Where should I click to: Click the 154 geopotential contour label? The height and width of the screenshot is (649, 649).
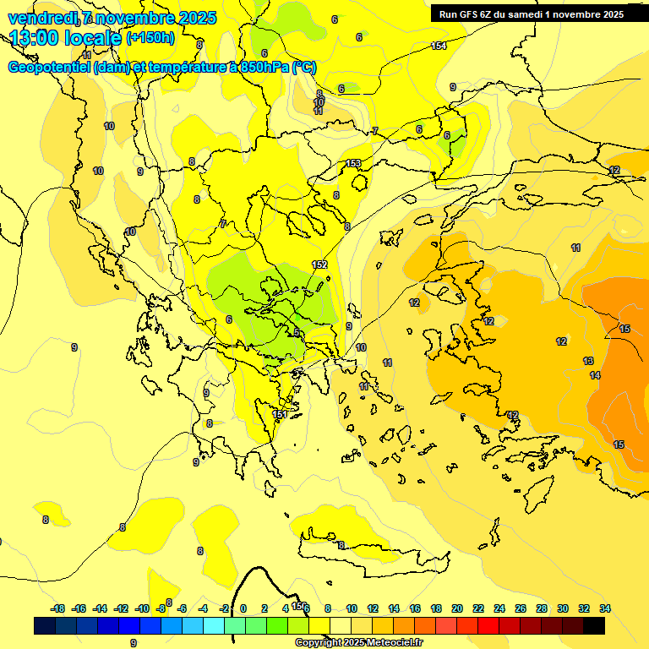point(439,46)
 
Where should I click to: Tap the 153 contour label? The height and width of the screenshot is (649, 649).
point(354,163)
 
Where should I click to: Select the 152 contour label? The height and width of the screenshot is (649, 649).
point(319,265)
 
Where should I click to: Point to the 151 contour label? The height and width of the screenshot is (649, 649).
point(280,414)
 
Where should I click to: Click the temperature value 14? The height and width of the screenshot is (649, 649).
point(595,375)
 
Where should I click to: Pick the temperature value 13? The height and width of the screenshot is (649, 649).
point(588,361)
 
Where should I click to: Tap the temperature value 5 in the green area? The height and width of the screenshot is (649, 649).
point(297,333)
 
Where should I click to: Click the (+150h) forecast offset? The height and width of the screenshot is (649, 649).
point(150,38)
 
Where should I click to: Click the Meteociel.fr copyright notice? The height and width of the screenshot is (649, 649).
point(359,643)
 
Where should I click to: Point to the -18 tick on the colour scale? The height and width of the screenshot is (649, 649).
point(58,608)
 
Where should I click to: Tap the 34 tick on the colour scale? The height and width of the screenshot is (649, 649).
point(605,608)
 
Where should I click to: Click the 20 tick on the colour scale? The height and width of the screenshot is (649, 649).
point(457,608)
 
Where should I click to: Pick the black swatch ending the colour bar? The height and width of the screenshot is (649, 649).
point(594,625)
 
